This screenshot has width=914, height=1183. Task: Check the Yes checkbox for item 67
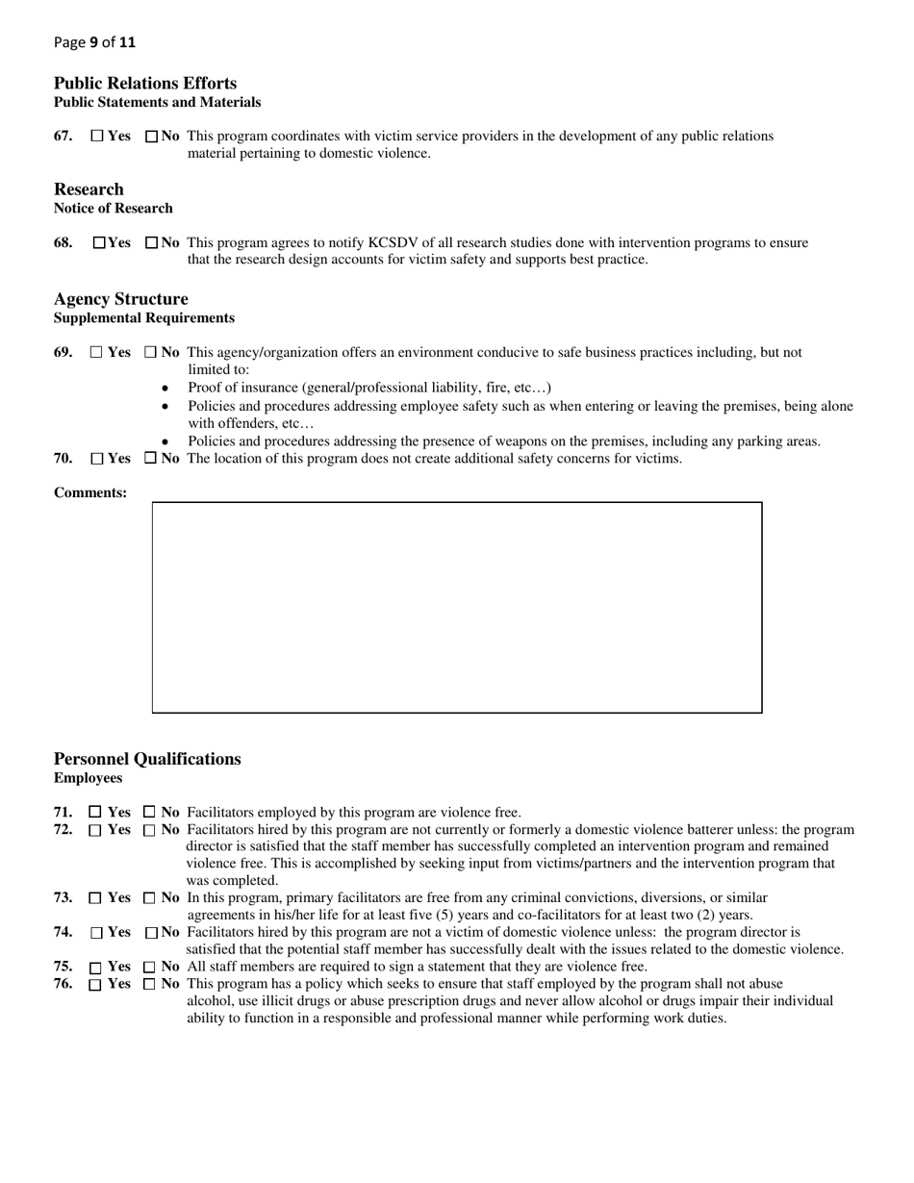(x=97, y=137)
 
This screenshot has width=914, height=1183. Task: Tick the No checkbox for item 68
(x=151, y=243)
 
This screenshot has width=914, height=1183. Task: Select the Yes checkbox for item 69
(x=96, y=353)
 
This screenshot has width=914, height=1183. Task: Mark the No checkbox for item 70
(x=150, y=459)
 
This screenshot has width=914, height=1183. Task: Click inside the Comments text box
(x=457, y=607)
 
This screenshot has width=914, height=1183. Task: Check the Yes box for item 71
(x=94, y=813)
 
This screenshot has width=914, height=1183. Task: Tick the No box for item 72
(x=149, y=830)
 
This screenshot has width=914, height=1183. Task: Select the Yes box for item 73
(x=94, y=898)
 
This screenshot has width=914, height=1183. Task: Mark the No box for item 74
(x=151, y=933)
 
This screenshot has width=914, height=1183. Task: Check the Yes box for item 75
(x=95, y=968)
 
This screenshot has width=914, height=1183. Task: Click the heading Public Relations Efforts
(x=145, y=84)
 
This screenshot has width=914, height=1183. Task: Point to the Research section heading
(x=89, y=189)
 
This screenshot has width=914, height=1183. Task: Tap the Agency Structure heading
(x=121, y=299)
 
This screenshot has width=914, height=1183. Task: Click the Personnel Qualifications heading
(x=147, y=759)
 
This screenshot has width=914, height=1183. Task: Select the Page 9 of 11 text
(x=95, y=42)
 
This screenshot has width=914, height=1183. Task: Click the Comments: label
(x=90, y=493)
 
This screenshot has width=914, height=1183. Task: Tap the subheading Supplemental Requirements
(x=144, y=318)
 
